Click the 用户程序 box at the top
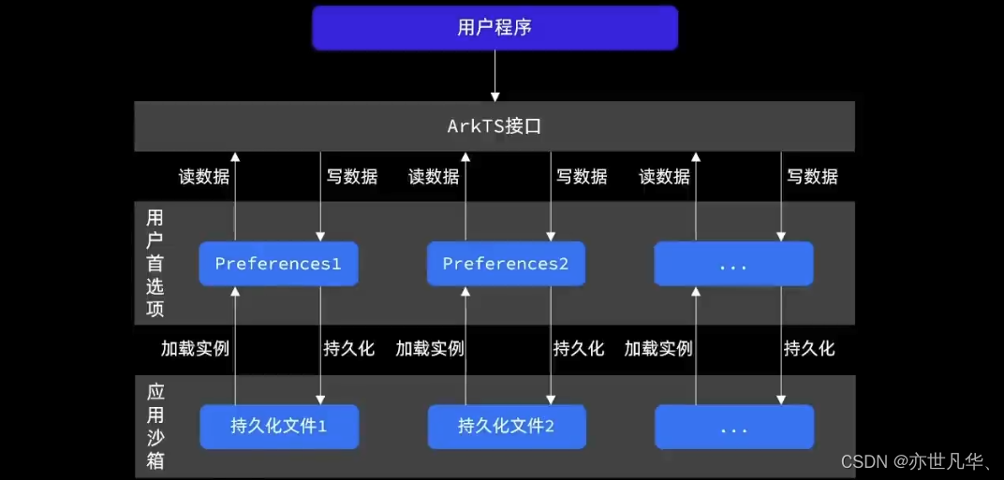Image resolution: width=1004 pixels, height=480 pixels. pyautogui.click(x=495, y=27)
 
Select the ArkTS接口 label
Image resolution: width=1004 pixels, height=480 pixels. pyautogui.click(x=495, y=126)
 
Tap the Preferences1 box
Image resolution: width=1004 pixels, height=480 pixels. pyautogui.click(x=278, y=264)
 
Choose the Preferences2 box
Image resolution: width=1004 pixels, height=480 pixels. pyautogui.click(x=506, y=264)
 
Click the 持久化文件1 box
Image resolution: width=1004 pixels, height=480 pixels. pyautogui.click(x=278, y=428)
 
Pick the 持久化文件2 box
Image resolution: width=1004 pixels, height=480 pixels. pyautogui.click(x=506, y=428)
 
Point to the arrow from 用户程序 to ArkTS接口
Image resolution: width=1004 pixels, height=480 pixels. pyautogui.click(x=495, y=75)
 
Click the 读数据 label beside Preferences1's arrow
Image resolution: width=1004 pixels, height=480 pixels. pyautogui.click(x=204, y=176)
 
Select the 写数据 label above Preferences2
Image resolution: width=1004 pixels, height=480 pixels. pyautogui.click(x=582, y=176)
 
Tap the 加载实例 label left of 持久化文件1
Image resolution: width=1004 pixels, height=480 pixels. pyautogui.click(x=195, y=349)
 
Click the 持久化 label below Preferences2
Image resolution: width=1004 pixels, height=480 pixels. pyautogui.click(x=579, y=349)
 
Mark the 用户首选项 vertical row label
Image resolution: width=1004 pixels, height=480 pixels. pyautogui.click(x=155, y=263)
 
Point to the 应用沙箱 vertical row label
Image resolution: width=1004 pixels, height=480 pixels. pyautogui.click(x=155, y=426)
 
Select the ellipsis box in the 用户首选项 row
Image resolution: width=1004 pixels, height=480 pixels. pyautogui.click(x=733, y=264)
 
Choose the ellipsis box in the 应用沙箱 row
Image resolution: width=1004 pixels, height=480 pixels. pyautogui.click(x=733, y=428)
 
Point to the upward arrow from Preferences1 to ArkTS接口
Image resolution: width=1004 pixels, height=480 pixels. pyautogui.click(x=235, y=196)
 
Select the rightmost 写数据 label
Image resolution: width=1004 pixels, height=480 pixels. pyautogui.click(x=812, y=176)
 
